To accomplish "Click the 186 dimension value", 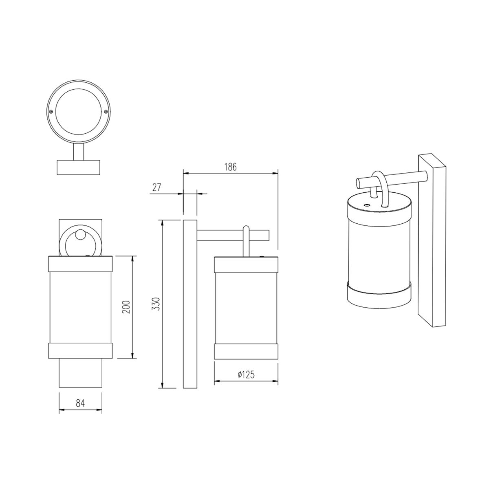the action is (x=230, y=167).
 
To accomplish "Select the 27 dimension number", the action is (x=156, y=187).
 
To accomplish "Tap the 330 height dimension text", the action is (x=156, y=304).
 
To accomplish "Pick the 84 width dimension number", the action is (x=80, y=403).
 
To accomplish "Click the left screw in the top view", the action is (x=51, y=111).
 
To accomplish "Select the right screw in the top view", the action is (x=106, y=111).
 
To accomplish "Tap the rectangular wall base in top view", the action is (x=78, y=167).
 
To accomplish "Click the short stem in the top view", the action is (x=78, y=152).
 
